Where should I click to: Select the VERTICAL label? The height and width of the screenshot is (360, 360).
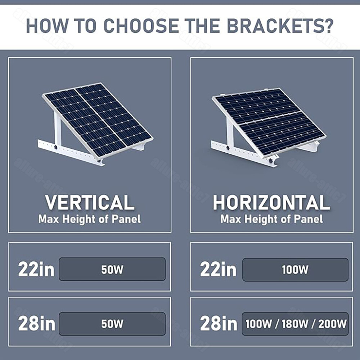point(90,203)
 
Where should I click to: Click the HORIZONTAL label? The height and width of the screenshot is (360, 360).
point(271,203)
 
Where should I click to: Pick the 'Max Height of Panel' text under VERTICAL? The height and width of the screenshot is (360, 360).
point(90,219)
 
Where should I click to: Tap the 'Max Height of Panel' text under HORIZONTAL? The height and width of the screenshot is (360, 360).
point(271,219)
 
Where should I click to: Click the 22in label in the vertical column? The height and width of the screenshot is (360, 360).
point(36,269)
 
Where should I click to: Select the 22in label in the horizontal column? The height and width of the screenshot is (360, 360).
point(218,269)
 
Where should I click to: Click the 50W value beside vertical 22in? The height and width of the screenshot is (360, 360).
point(112,270)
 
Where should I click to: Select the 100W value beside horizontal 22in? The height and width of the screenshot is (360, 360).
point(295,270)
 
